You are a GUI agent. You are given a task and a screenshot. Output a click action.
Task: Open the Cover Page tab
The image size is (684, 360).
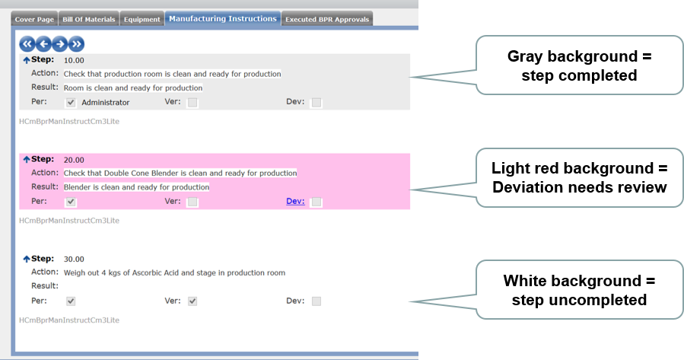pyautogui.click(x=34, y=19)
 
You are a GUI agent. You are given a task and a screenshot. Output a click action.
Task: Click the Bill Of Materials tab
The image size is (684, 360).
pyautogui.click(x=88, y=19)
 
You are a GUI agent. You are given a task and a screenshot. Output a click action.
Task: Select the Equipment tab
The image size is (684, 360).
pyautogui.click(x=142, y=19)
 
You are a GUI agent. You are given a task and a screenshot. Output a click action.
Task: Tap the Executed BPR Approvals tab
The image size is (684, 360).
pyautogui.click(x=327, y=19)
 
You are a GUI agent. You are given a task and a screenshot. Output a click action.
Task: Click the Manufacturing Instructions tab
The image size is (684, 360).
pyautogui.click(x=223, y=19)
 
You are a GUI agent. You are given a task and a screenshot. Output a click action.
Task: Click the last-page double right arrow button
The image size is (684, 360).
pyautogui.click(x=76, y=44)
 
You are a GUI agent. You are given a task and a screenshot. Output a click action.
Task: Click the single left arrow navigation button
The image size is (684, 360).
pyautogui.click(x=43, y=44)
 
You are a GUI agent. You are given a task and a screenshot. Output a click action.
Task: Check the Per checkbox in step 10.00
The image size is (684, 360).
pyautogui.click(x=71, y=103)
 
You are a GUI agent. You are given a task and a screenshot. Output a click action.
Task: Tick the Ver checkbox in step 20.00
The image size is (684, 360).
pyautogui.click(x=192, y=202)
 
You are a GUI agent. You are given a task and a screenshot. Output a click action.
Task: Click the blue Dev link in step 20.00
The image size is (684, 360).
pyautogui.click(x=295, y=201)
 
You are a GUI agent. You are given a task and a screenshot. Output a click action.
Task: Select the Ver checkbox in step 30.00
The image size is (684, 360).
pyautogui.click(x=192, y=301)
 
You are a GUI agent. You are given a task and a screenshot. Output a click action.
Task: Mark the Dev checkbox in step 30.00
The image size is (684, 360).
pyautogui.click(x=317, y=301)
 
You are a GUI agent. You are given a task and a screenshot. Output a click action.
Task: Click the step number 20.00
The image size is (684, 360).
pyautogui.click(x=74, y=160)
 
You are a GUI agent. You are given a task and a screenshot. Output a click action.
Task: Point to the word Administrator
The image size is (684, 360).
pyautogui.click(x=106, y=103)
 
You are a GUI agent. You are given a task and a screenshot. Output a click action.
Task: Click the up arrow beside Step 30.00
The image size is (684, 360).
pyautogui.click(x=27, y=259)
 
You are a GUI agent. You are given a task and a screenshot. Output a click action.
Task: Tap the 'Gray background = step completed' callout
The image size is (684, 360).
pyautogui.click(x=579, y=65)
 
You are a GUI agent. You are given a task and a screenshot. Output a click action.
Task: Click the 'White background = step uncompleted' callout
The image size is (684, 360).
pyautogui.click(x=579, y=290)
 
